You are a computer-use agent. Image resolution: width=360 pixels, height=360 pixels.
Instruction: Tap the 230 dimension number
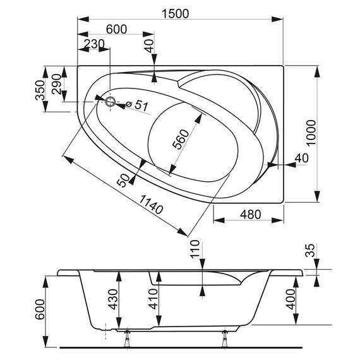coord(93,44)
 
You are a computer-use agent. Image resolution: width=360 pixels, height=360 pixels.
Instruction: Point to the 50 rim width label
coord(124,180)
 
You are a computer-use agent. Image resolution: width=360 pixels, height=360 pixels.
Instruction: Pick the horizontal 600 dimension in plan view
coord(116,29)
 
